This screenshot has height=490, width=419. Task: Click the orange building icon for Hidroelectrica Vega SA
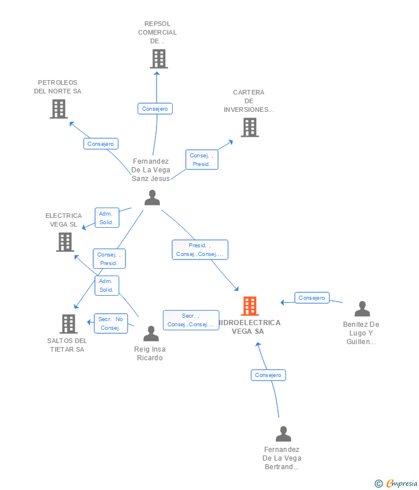[x=250, y=306]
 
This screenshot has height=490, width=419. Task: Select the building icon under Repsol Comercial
[x=159, y=59]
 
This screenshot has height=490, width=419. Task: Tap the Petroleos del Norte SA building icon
[x=59, y=109]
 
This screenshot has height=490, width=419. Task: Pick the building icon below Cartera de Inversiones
[x=250, y=127]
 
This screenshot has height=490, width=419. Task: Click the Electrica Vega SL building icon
[x=65, y=242]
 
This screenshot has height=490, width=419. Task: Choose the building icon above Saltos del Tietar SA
[x=68, y=324]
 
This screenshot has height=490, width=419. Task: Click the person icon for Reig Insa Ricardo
[x=151, y=333]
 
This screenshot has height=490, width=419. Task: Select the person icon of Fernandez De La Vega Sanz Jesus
[x=153, y=198]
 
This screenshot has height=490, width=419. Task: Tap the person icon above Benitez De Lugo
[x=362, y=309]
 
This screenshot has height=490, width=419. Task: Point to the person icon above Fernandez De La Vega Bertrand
[x=283, y=434]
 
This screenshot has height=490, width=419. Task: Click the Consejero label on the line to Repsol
[x=155, y=109]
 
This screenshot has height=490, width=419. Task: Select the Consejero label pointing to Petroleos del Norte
[x=101, y=144]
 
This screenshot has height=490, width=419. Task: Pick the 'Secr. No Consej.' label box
[x=111, y=323]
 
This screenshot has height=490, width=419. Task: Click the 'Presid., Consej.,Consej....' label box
[x=200, y=250]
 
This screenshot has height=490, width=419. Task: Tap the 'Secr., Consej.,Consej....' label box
[x=191, y=320]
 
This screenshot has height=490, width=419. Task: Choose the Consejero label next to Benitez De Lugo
[x=312, y=298]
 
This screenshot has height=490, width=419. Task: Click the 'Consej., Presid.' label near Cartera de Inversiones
[x=202, y=160]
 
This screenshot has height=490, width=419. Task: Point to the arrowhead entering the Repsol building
[x=157, y=73]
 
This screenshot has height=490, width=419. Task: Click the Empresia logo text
[x=402, y=484]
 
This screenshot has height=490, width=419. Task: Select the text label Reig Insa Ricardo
[x=150, y=353]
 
